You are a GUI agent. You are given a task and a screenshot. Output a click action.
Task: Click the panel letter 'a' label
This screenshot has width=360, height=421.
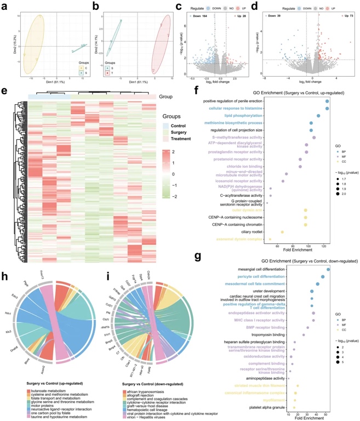point(3,6)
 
